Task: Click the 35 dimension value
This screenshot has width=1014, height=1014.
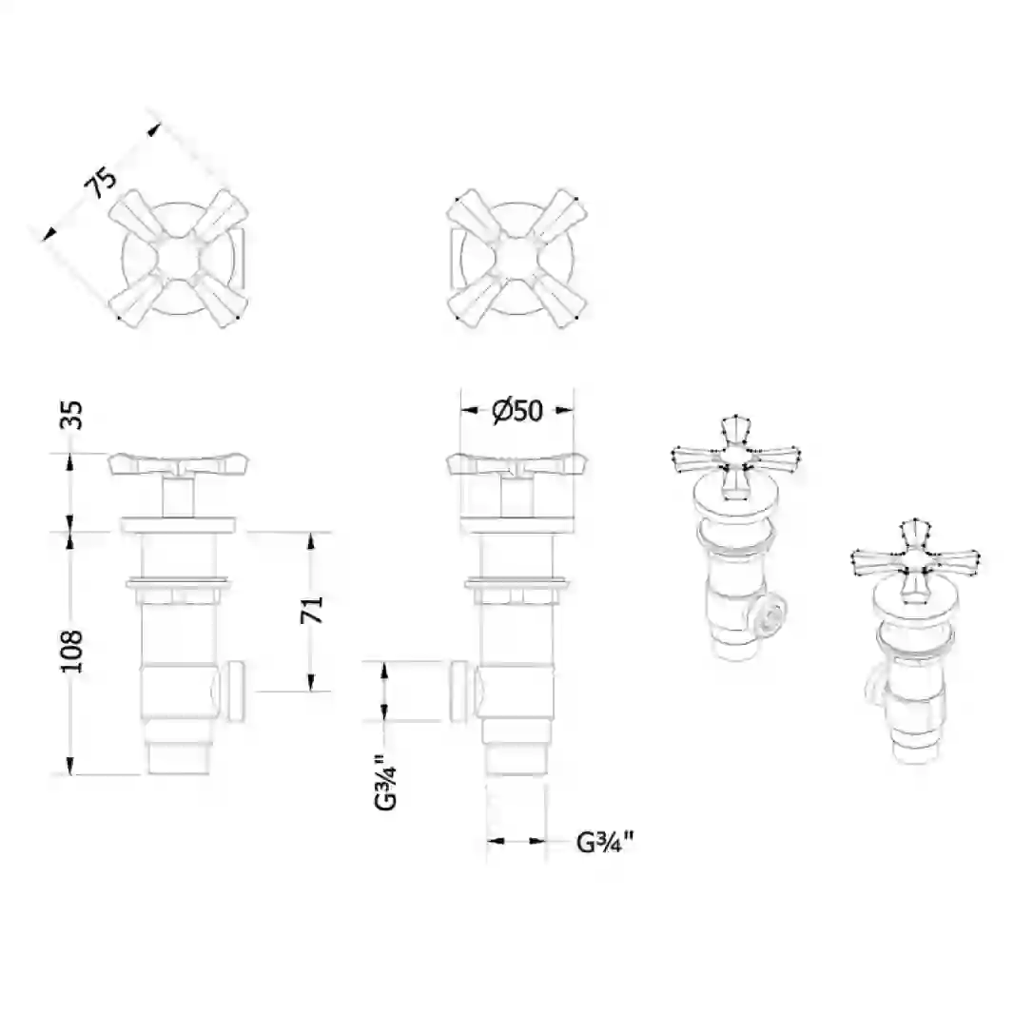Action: point(71,415)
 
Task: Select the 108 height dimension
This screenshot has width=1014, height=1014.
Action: point(71,652)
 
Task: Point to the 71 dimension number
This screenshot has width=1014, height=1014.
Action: point(312,609)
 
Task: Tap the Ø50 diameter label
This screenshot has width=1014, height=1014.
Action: point(517,410)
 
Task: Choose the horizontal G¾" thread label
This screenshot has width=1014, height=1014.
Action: point(605,842)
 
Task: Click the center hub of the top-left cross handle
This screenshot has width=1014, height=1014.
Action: point(179,258)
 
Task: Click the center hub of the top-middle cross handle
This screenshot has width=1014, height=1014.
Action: point(517,258)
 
